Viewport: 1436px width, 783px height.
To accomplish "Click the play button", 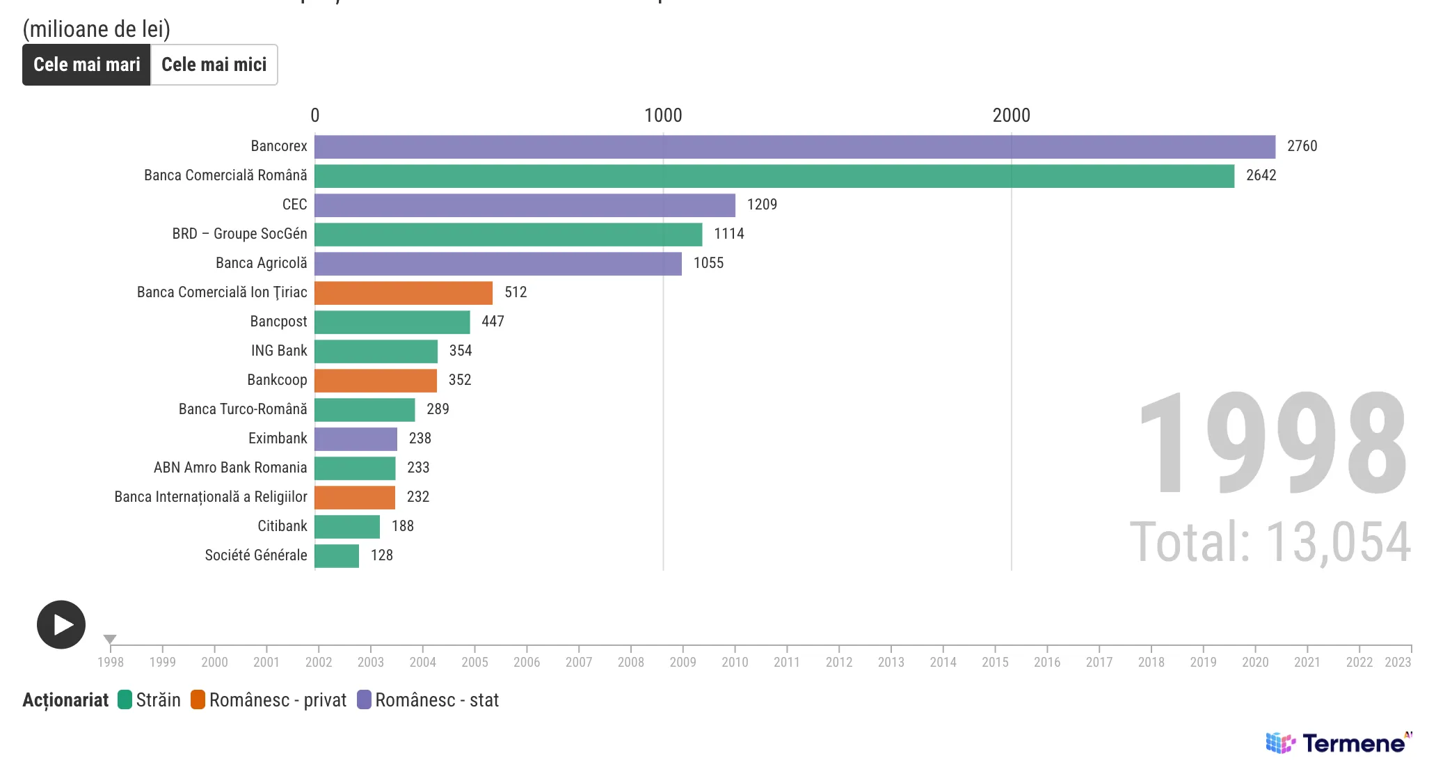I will coord(61,624).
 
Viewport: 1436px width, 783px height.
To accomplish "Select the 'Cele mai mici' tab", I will coord(214,65).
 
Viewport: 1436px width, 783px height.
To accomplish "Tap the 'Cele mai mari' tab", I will coord(87,65).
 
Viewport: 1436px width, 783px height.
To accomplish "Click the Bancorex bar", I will coord(795,147).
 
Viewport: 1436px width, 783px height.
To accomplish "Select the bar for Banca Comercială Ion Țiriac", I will coord(404,293).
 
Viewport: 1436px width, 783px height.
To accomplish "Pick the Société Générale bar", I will coord(337,556).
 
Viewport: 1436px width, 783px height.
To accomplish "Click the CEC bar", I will coord(525,205).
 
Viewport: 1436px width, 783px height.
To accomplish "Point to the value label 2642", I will coord(1261,175).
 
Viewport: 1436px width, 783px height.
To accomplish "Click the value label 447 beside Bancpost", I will coord(493,322).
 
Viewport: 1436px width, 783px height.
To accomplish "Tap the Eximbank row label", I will coord(278,438).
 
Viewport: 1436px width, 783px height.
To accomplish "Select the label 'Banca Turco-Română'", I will coord(243,409).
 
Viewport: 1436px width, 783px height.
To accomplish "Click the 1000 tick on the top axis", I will coord(663,116).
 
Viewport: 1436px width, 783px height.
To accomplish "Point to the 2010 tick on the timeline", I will coord(735,662).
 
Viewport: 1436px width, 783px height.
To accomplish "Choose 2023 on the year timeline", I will coord(1397,662).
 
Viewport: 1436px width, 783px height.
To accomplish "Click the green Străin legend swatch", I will coord(125,699).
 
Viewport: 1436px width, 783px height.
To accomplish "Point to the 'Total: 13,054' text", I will coord(1270,542).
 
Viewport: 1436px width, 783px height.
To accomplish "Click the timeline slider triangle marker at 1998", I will coord(110,639).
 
